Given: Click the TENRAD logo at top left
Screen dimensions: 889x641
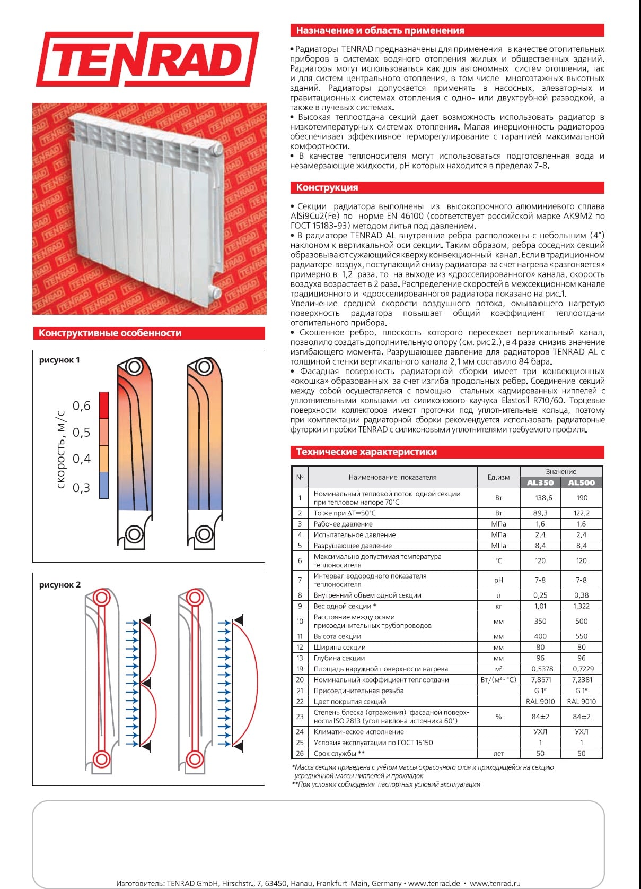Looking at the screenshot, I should point(147,59).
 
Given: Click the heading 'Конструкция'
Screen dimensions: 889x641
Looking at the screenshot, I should point(327,187).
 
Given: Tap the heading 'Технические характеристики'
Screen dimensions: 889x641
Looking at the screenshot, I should point(366,452).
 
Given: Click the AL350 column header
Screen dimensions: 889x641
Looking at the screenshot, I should point(540,482).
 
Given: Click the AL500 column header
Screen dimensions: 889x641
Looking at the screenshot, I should point(581,482).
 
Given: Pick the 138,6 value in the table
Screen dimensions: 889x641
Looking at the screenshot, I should point(540,498).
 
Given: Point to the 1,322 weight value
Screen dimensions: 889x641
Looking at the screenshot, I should point(581,606).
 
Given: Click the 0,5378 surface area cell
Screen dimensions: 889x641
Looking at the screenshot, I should point(540,669).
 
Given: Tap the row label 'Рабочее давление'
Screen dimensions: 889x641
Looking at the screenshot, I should point(343,524).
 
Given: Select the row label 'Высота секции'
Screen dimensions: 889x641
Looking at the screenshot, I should point(337,636).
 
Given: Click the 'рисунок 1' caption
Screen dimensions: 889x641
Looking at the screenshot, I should point(59,360).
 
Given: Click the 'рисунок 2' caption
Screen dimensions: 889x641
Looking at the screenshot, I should point(60,584).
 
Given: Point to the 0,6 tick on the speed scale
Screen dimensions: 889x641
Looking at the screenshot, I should point(82,406).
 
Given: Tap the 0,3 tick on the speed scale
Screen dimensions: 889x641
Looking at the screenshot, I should point(82,488).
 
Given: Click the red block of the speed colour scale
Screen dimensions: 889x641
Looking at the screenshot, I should point(104,405).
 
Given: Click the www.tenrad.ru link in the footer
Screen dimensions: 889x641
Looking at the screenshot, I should point(491,883).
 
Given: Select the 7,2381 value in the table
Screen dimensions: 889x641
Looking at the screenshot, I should point(581,680).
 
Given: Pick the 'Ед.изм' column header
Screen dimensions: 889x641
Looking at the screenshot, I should point(498,477).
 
